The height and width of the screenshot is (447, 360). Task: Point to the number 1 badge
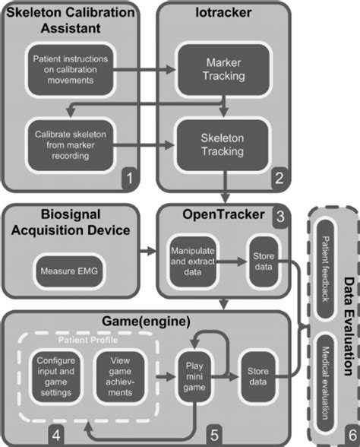[131, 179]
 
